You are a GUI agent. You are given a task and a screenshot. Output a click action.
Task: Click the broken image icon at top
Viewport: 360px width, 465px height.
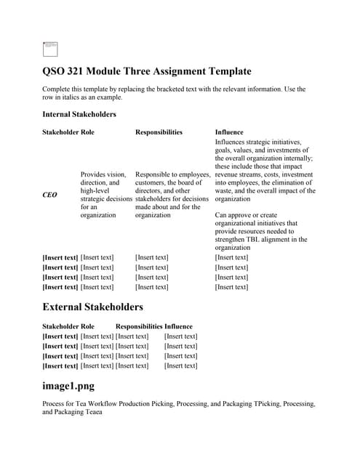coord(50,49)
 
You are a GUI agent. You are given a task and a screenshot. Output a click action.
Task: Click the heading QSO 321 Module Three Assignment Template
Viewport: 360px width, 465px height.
coord(146,71)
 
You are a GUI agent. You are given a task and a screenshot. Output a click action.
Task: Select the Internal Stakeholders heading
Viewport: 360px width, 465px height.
coord(79,114)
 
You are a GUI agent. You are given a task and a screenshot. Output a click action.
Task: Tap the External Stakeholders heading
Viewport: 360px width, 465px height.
coord(93,307)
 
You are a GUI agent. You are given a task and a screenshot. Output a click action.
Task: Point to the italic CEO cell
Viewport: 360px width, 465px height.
coord(50,195)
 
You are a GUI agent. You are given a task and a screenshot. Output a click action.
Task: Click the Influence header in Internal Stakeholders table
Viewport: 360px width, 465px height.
coord(231,132)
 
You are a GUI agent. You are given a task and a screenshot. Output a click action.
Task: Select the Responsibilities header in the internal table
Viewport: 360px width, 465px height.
coord(159,132)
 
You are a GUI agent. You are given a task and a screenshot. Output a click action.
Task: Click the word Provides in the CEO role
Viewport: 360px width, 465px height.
coord(94,174)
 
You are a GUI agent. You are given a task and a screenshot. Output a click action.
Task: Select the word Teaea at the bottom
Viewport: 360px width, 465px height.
coord(92,412)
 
